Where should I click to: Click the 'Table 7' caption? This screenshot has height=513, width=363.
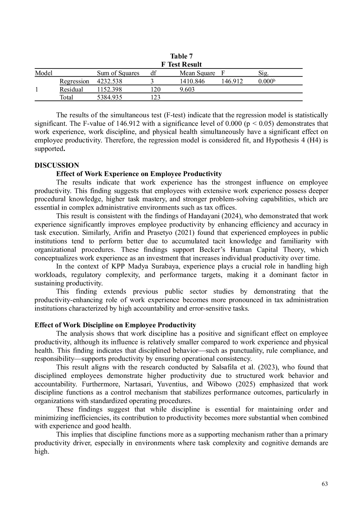pyautogui.click(x=181, y=56)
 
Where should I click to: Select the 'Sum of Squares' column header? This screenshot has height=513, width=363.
pyautogui.click(x=118, y=73)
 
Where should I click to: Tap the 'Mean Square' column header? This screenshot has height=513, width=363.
pyautogui.click(x=197, y=73)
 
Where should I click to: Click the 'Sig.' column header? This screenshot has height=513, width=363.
pyautogui.click(x=263, y=73)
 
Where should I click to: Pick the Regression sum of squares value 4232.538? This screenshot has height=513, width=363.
pyautogui.click(x=110, y=81)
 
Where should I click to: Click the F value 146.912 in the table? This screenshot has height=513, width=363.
pyautogui.click(x=232, y=81)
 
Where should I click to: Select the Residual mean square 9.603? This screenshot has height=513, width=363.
pyautogui.click(x=187, y=89)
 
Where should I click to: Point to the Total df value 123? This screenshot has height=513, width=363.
pyautogui.click(x=155, y=97)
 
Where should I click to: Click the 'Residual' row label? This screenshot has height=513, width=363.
pyautogui.click(x=71, y=89)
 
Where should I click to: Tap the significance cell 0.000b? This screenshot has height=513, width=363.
pyautogui.click(x=267, y=81)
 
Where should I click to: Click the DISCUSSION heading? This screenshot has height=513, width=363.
pyautogui.click(x=57, y=166)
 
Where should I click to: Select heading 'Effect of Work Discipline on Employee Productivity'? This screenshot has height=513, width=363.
pyautogui.click(x=115, y=325)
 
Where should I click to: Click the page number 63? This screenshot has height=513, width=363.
pyautogui.click(x=324, y=484)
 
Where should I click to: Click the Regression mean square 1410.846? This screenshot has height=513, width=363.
pyautogui.click(x=192, y=81)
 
